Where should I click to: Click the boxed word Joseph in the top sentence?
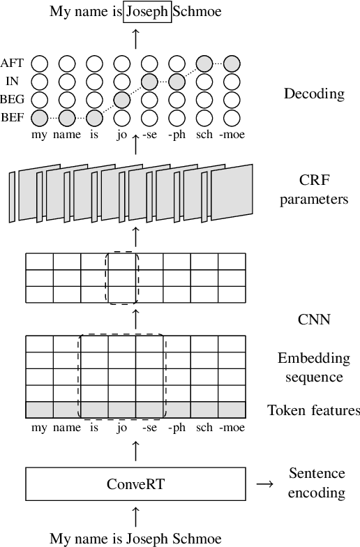pos(148,12)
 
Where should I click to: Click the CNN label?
pos(313,320)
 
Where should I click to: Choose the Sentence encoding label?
pos(317,484)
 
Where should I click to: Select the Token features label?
pos(313,410)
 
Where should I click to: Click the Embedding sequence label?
pos(313,368)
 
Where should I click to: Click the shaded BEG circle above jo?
pos(121,100)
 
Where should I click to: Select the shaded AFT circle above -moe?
pos(232,63)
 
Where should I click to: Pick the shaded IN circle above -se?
pos(149,82)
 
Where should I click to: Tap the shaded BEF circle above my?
pos(40,117)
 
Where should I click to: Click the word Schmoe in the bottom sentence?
pos(197,538)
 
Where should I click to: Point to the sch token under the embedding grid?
pos(204,428)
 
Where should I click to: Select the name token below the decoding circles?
pos(67,135)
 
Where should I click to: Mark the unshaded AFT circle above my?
pos(40,63)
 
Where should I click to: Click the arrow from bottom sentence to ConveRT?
pos(135,516)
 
